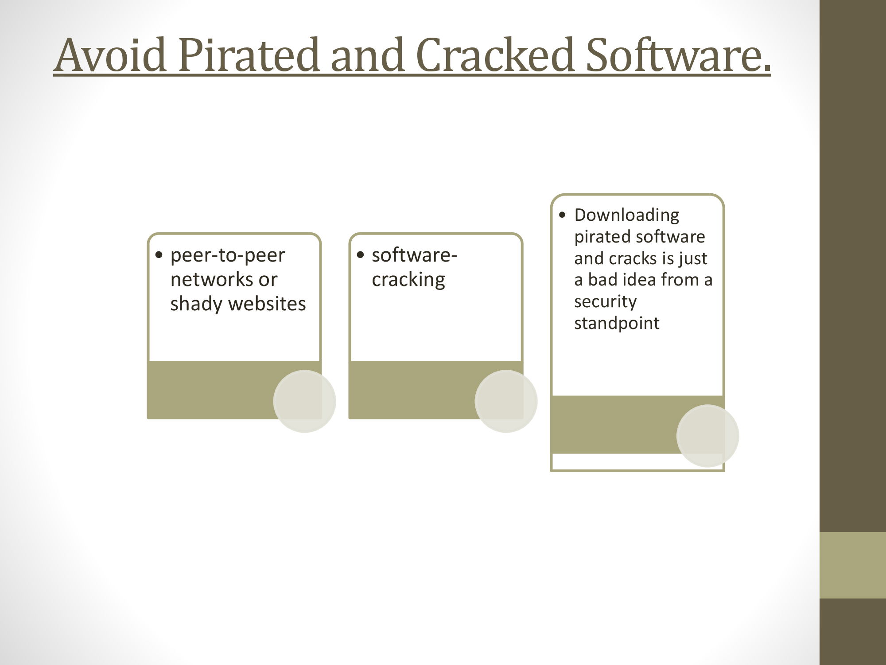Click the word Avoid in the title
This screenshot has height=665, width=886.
tap(111, 55)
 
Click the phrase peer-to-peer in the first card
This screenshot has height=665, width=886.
tap(228, 255)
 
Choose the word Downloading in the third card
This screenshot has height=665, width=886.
tap(626, 215)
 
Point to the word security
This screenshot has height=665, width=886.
tap(605, 302)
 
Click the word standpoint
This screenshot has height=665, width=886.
tap(617, 323)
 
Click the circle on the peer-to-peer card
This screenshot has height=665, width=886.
tap(305, 401)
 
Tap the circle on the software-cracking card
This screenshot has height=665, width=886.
tap(506, 401)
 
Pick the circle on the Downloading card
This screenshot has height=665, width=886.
tap(707, 436)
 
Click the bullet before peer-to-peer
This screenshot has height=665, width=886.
tap(159, 256)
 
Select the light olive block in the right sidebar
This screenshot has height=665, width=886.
tap(853, 565)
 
